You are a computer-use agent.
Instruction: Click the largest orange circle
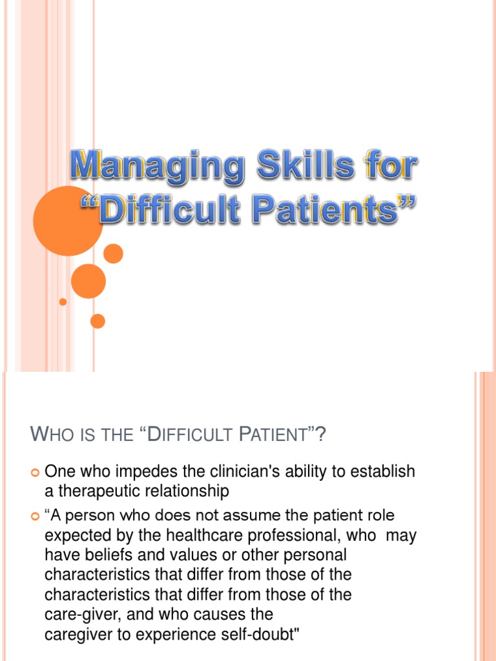[68, 221]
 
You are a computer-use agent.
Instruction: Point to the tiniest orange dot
[63, 301]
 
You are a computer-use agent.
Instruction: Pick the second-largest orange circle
[88, 281]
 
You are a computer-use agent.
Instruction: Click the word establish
[381, 473]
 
